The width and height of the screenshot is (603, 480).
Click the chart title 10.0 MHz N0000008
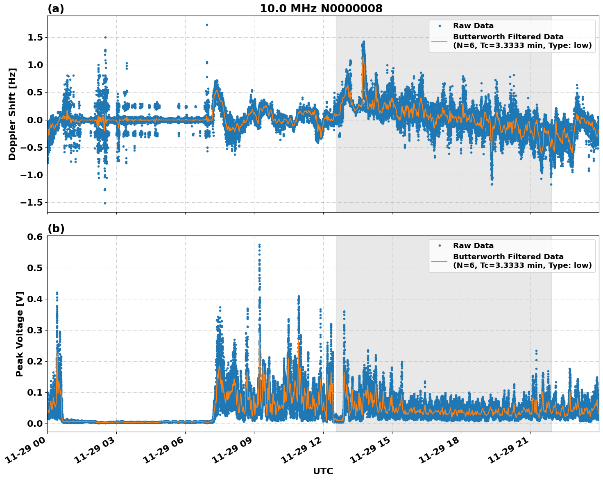pos(321,9)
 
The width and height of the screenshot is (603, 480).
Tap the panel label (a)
pos(56,9)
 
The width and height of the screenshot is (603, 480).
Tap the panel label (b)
pos(56,229)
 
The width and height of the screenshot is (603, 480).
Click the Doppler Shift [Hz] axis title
pos(12,114)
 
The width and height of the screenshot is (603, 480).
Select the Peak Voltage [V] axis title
pos(20,334)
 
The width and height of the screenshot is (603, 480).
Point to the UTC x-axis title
pos(323,471)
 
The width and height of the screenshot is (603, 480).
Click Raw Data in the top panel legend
pos(473,26)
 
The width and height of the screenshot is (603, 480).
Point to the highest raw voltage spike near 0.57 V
pos(259,245)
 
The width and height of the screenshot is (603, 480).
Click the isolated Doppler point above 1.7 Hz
pos(207,25)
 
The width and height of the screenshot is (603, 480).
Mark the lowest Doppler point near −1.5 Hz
pos(105,203)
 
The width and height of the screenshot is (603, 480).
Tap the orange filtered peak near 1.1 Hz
pos(363,58)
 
